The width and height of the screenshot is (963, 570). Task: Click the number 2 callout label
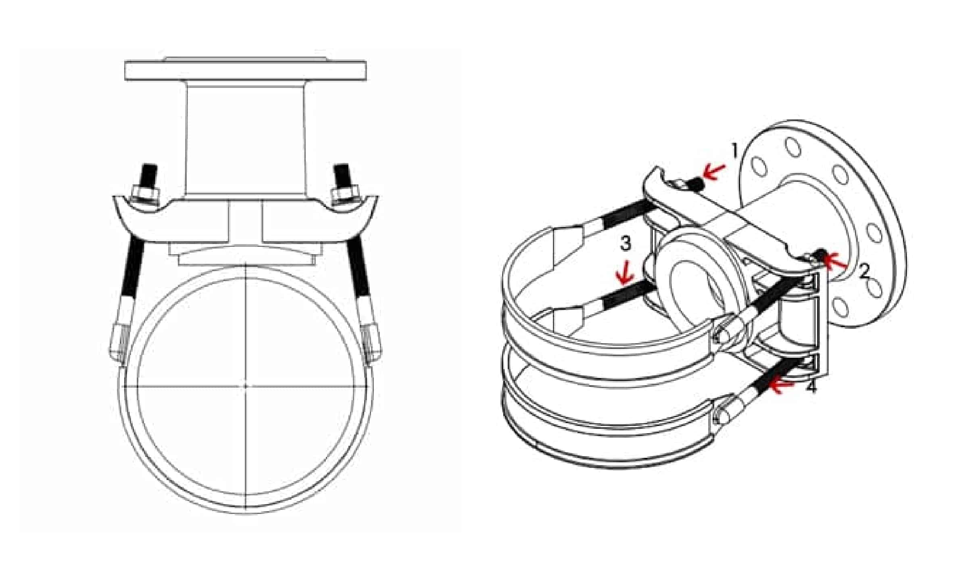[x=864, y=272]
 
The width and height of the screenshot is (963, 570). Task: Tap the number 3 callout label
[x=625, y=244]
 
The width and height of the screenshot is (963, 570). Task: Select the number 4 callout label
[x=811, y=386]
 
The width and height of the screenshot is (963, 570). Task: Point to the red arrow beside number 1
[x=714, y=171]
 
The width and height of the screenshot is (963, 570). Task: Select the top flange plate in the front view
[x=245, y=71]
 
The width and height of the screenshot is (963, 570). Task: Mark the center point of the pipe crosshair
[x=246, y=386]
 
